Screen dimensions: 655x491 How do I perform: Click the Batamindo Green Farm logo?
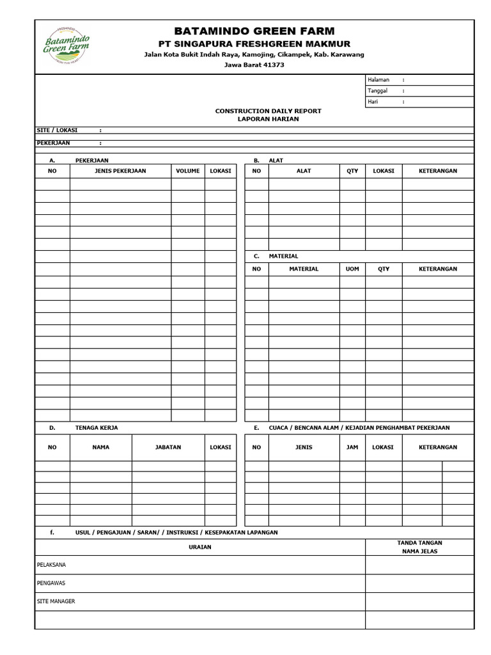[x=66, y=46]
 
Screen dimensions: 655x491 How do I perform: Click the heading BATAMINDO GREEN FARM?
[x=254, y=31]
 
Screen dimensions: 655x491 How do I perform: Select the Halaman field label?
[x=378, y=80]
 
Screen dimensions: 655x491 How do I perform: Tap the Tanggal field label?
[x=378, y=91]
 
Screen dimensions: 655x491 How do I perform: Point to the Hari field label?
[x=373, y=102]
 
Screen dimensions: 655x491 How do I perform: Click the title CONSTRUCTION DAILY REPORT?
[x=268, y=111]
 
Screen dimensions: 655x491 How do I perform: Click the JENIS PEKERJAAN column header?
[x=120, y=171]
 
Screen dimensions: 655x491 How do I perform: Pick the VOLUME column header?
[x=187, y=171]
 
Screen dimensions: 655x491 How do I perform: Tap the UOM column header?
[x=352, y=269]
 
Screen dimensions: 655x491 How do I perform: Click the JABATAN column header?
[x=168, y=447]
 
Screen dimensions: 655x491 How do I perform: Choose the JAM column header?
[x=352, y=447]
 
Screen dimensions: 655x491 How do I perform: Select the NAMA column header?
[x=100, y=447]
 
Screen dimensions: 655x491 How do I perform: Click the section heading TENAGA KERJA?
[x=97, y=427]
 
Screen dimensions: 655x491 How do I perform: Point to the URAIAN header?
[x=199, y=547]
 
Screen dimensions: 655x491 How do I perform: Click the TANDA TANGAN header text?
[x=419, y=542]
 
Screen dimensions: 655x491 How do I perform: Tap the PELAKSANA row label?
[x=52, y=565]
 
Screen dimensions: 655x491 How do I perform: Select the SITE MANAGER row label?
[x=56, y=601]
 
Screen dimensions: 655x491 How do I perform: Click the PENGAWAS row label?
[x=51, y=583]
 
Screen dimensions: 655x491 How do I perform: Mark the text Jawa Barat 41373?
[x=254, y=65]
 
